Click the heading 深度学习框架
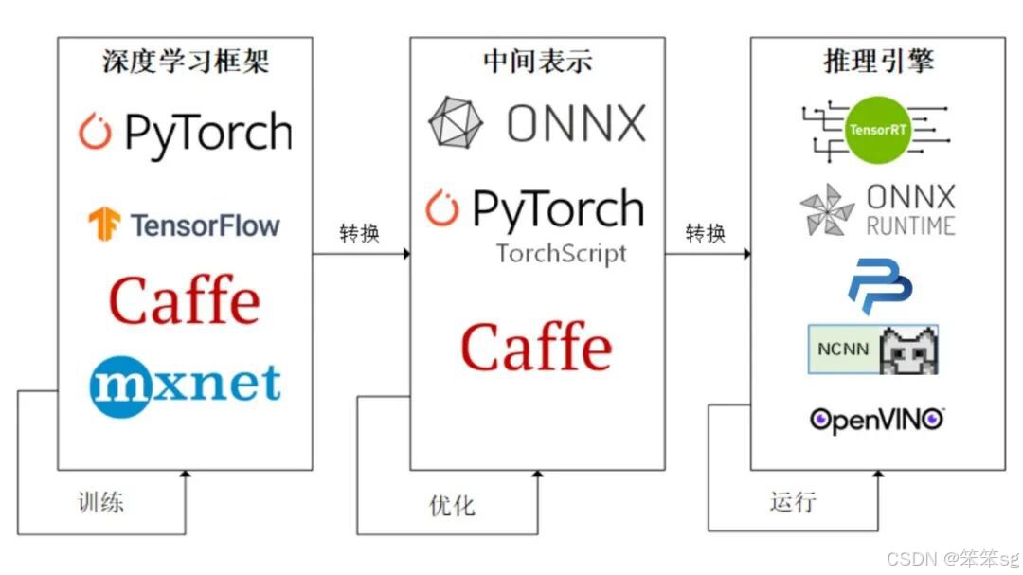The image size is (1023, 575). pos(186,62)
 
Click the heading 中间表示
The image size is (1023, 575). pos(537,62)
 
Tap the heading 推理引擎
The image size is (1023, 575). pos(878,62)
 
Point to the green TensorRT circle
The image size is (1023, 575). pos(878,129)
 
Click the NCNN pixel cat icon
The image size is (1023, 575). pos(908,350)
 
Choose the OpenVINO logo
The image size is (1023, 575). pos(877,419)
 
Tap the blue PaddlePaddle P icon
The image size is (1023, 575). pos(879,288)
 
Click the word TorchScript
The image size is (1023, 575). pos(561,254)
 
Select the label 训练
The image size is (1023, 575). pos(100,501)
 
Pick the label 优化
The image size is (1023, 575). pos(452,505)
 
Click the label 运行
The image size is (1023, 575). pos(792,501)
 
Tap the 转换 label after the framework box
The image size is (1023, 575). pos(359,233)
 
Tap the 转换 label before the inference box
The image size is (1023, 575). pos(705,233)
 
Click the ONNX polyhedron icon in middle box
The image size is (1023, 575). pos(456,123)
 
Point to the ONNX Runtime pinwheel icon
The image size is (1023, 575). pos(827,209)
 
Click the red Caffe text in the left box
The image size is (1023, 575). pos(185,300)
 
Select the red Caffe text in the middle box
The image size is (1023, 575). pos(536,347)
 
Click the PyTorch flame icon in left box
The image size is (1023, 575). pos(95,133)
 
